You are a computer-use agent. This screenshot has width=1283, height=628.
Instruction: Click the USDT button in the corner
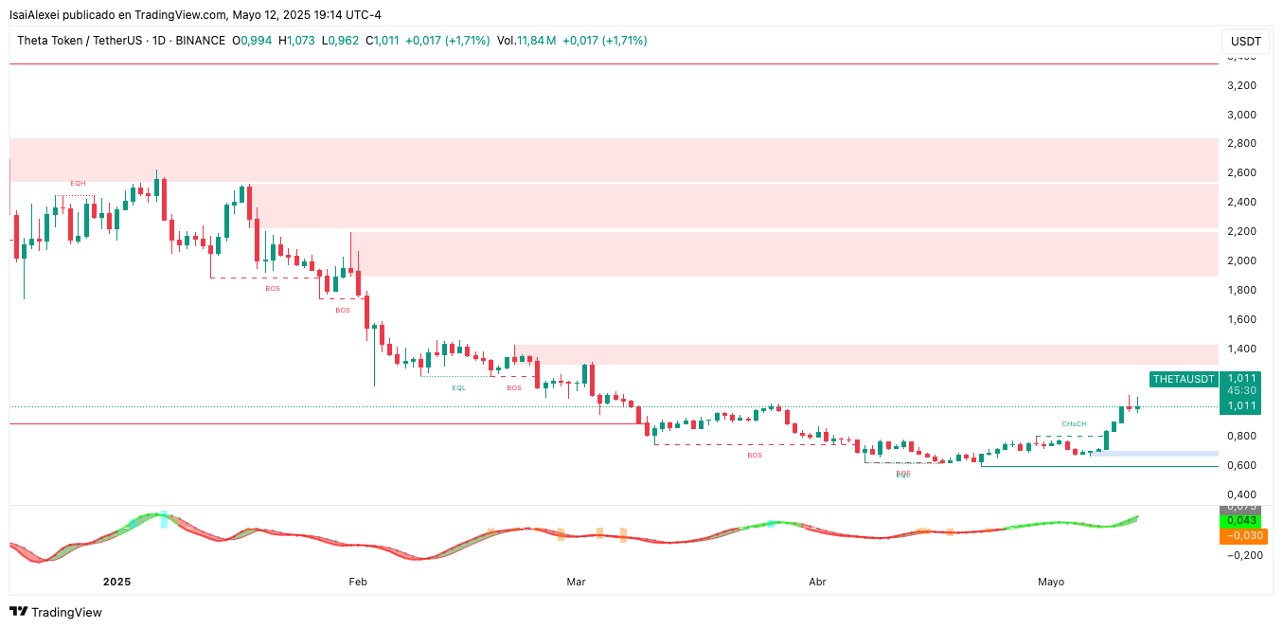click(x=1246, y=42)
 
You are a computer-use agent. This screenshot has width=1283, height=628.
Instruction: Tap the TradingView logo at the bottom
click(x=56, y=612)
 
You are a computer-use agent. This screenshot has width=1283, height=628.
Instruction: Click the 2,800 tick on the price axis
click(x=1240, y=144)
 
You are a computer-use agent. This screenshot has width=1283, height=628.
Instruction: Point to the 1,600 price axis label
click(x=1240, y=319)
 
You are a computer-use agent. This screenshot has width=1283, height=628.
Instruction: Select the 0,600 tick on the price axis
click(x=1240, y=465)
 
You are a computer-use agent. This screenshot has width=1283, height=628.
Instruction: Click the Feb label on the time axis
click(x=357, y=582)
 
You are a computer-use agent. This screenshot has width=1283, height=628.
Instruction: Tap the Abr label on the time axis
click(x=817, y=582)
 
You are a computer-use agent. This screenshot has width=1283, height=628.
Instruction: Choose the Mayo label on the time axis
click(x=1050, y=582)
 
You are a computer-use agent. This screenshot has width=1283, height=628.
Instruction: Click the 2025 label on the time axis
click(x=116, y=582)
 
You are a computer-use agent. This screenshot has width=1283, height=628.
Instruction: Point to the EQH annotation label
click(x=78, y=183)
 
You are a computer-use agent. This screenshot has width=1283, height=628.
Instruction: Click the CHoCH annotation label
click(x=1074, y=423)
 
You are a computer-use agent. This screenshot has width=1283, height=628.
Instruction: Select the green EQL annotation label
click(x=458, y=387)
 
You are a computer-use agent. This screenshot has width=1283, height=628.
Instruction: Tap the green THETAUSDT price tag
click(x=1183, y=379)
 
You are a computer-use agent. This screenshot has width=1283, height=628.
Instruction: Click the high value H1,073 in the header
click(x=295, y=41)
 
